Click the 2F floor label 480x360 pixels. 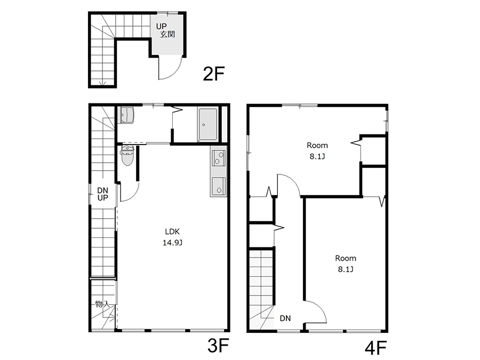coord(214,74)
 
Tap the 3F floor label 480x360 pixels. coord(218,346)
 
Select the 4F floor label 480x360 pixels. coord(375,348)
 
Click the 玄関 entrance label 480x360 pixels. coord(167,34)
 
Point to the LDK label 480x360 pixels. coord(172,231)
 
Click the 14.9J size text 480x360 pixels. coord(172,243)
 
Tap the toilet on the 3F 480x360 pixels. coord(127,156)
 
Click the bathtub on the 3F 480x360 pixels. coord(207,124)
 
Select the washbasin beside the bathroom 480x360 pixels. coord(127,115)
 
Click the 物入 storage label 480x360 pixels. coord(102,304)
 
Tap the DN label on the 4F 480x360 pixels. coord(285,318)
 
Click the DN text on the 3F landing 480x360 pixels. coord(102,190)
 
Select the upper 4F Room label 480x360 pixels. coord(317,145)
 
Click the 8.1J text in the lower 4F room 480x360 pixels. coord(346,269)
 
